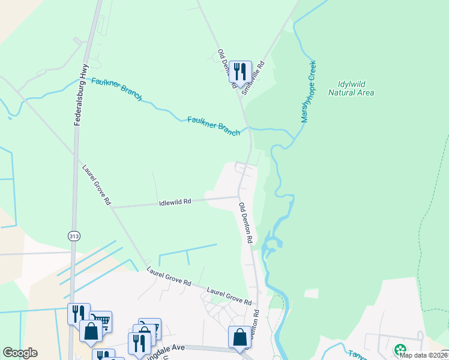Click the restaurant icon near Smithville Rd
241,71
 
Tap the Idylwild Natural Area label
351,88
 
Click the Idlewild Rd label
175,202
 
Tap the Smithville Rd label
253,78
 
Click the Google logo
20,353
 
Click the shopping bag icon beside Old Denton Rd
240,337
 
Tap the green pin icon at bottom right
399,350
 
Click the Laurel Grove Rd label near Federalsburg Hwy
97,185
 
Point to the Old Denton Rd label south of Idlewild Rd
246,223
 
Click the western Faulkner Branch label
116,89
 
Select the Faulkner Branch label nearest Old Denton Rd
213,125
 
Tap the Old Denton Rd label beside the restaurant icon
225,68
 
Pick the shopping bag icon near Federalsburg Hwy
91,331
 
